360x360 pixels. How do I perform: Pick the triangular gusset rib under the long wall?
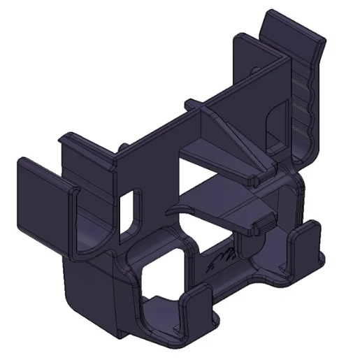click(238, 140)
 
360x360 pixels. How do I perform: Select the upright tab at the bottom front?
click(199, 308)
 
